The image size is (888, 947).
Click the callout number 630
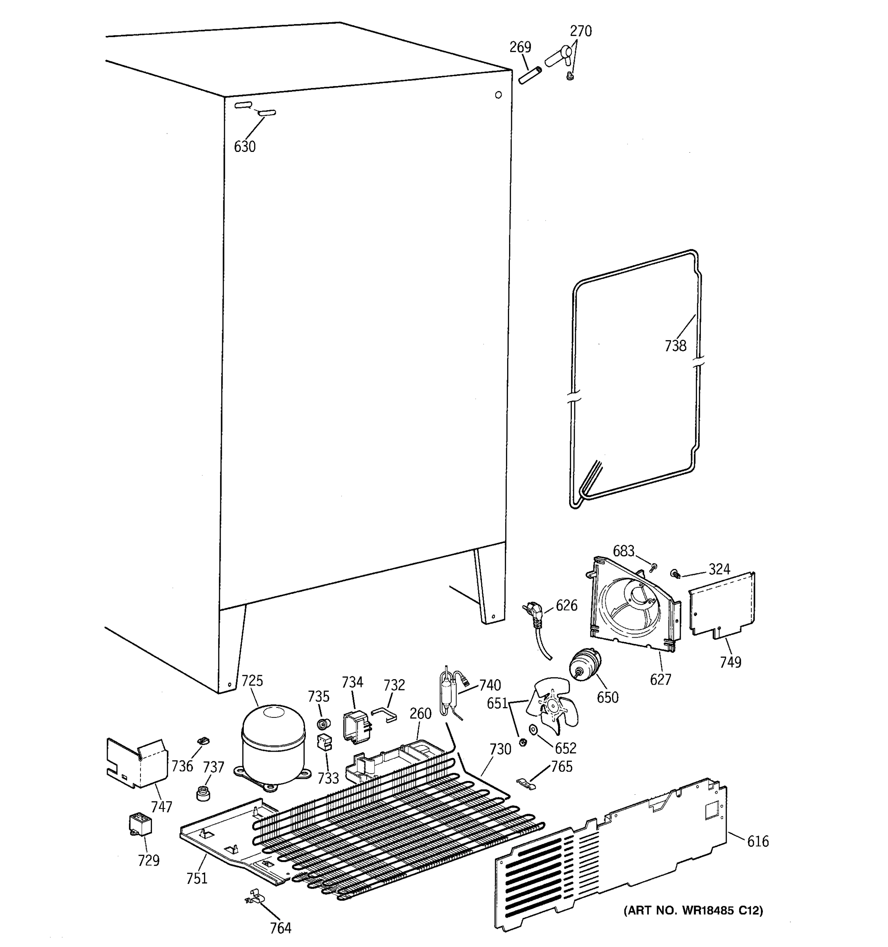244,147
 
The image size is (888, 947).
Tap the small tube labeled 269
531,76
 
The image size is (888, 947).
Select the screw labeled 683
654,566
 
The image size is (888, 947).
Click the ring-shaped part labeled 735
324,724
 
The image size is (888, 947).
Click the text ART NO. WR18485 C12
693,910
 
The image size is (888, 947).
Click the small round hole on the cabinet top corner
498,95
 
